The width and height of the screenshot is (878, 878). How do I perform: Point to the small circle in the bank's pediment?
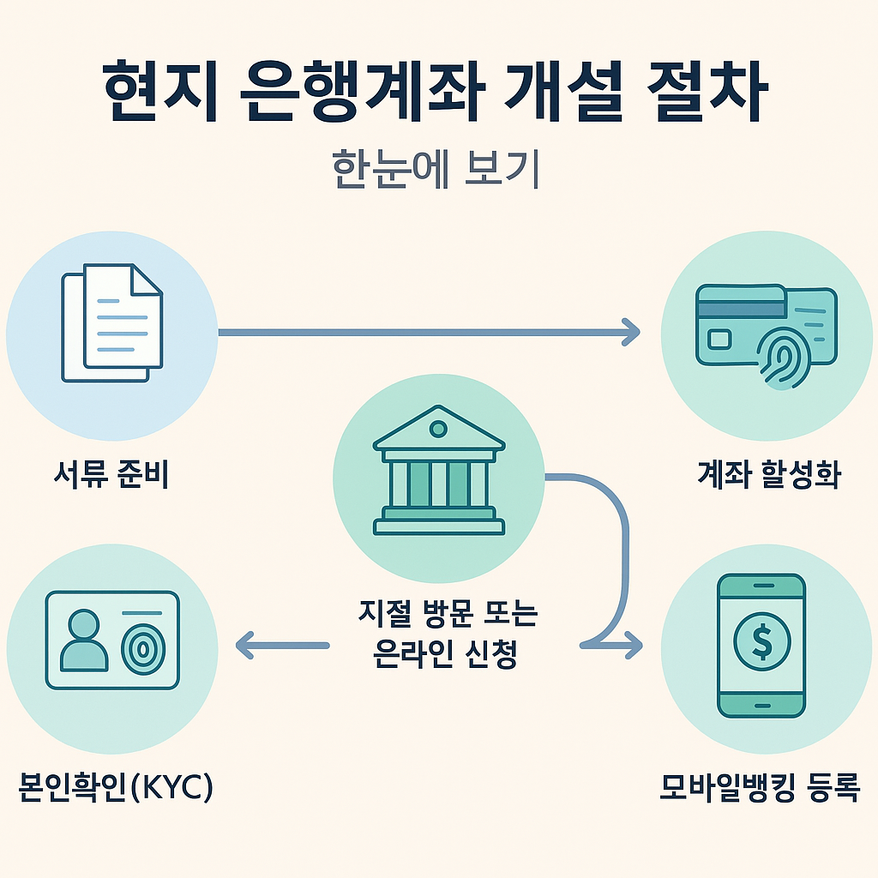point(438,427)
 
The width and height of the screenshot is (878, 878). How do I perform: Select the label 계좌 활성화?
point(768,475)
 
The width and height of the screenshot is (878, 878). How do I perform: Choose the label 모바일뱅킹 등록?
point(759,786)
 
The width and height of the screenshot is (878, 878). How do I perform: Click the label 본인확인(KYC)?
point(115,787)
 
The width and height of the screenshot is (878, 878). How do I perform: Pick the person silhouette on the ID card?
point(84,642)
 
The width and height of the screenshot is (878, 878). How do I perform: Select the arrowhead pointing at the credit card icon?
point(631,332)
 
